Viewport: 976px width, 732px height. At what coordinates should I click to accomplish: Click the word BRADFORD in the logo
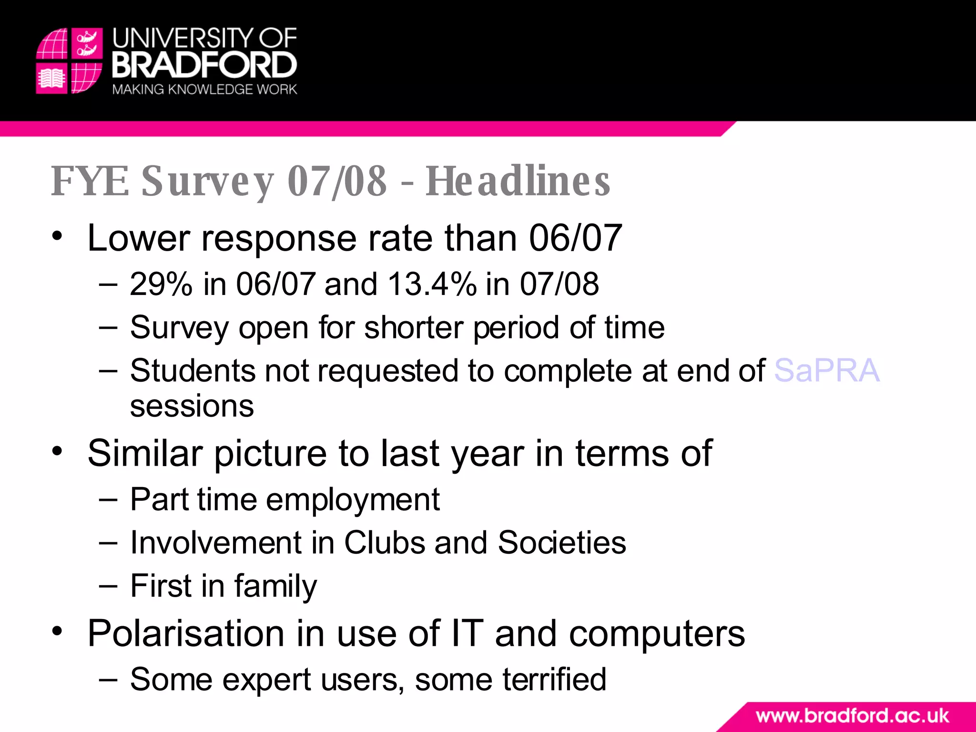coord(204,65)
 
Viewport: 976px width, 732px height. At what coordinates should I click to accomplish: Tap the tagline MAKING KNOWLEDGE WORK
coord(204,90)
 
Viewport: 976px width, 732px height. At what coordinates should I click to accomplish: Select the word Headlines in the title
coord(518,181)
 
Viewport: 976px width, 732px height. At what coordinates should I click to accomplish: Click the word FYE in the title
coord(90,181)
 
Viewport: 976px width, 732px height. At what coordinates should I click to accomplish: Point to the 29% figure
coord(161,284)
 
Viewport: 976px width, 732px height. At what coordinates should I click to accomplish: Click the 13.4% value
coord(432,284)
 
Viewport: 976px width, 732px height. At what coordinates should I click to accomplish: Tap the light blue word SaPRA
coord(827,371)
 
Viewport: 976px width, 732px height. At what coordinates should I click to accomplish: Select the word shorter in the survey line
coord(414,328)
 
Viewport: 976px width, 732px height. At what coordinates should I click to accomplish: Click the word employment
coord(353,500)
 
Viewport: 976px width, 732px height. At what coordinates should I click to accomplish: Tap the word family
coord(275,586)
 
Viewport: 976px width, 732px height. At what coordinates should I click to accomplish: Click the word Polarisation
coord(186,634)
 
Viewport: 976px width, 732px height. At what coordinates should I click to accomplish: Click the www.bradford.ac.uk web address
coord(852,716)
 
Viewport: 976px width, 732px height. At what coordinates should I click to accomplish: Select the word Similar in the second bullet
coord(145,453)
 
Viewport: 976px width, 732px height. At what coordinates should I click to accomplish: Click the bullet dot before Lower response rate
coord(58,236)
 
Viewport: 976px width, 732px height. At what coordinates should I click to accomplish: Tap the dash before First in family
coord(109,586)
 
